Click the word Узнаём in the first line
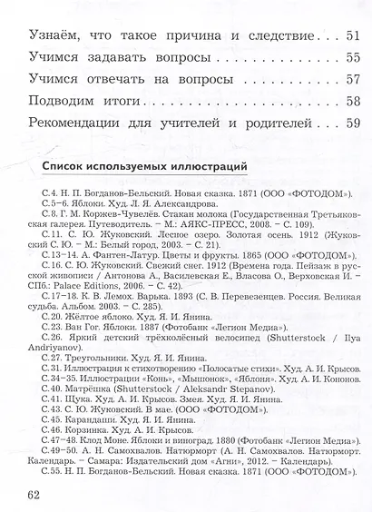(x=54, y=37)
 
